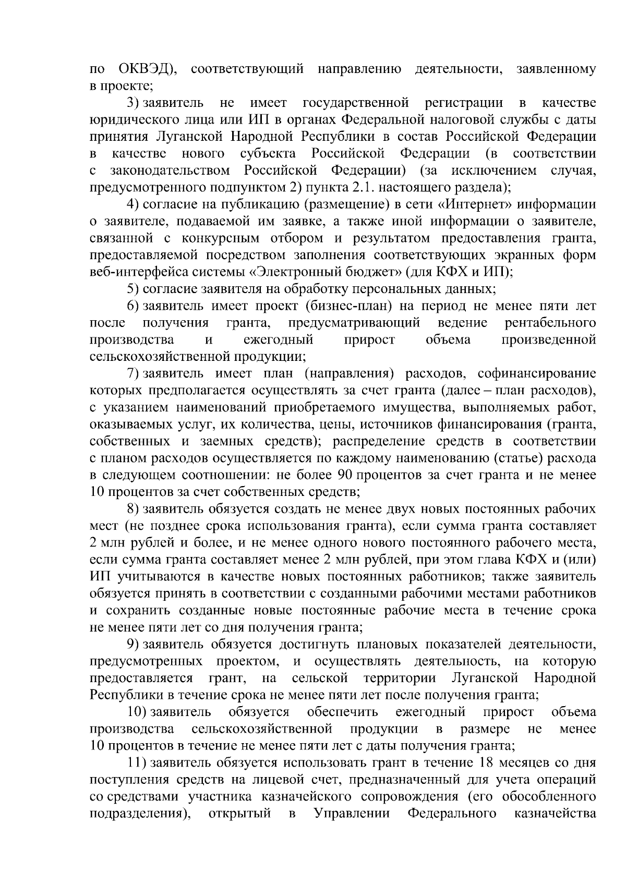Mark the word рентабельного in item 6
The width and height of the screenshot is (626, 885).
tap(550, 323)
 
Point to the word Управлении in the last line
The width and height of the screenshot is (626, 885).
tap(352, 814)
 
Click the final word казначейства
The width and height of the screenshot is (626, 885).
tap(555, 814)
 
